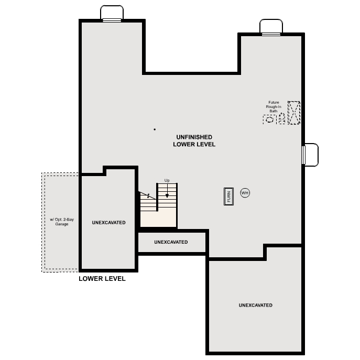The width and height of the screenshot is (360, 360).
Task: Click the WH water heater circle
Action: tap(245, 193)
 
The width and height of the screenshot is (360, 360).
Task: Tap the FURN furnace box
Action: tap(228, 196)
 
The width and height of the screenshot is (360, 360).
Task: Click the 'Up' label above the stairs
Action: tap(167, 180)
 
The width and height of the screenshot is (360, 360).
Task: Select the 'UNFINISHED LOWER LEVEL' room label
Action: tap(194, 140)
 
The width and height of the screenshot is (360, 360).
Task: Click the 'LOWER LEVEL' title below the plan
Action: tap(102, 279)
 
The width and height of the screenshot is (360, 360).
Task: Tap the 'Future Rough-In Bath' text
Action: tap(273, 107)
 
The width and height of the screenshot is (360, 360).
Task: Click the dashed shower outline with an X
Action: tap(294, 113)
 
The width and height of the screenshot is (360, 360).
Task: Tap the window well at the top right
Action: tap(271, 27)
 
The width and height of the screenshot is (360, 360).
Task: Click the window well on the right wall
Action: tap(311, 155)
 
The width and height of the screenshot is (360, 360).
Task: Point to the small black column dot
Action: tap(155, 129)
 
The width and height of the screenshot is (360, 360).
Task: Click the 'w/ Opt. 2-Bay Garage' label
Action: tap(62, 222)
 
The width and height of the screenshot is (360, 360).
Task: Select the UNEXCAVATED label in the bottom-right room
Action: tap(255, 305)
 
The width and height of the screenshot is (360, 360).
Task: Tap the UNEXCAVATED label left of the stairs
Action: tap(108, 223)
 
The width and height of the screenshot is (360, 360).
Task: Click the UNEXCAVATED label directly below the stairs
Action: tap(171, 242)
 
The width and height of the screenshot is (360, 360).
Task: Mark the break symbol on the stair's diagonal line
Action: tap(148, 196)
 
